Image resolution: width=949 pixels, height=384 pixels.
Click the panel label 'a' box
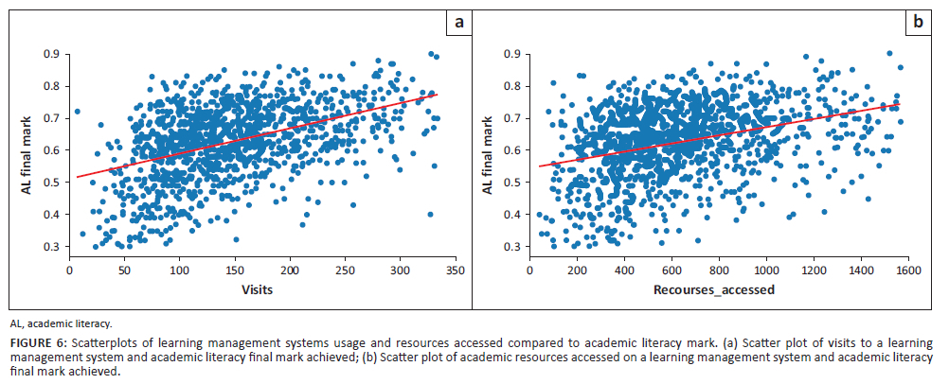[458, 22]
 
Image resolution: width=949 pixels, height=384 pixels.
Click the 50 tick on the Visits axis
[124, 271]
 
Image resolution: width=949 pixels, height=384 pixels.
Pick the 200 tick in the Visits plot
[289, 271]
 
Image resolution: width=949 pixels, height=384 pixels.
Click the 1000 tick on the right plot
[766, 271]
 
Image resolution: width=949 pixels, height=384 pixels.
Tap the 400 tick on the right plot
[624, 271]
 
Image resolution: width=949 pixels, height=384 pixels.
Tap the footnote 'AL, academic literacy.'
[60, 323]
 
